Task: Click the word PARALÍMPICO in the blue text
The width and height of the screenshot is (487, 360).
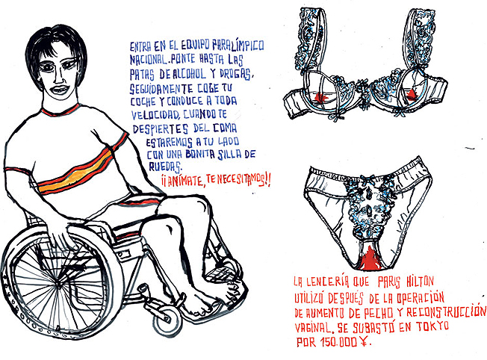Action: click(x=238, y=45)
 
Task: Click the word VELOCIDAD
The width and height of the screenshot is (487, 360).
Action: click(x=155, y=115)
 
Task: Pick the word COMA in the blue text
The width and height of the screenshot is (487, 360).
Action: click(x=225, y=128)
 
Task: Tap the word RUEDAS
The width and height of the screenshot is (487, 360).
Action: click(x=165, y=167)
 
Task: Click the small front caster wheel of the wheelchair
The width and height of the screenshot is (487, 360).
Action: click(x=167, y=320)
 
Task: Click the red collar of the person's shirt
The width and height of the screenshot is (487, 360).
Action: click(x=60, y=111)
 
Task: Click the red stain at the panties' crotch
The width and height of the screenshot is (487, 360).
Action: click(x=369, y=259)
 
